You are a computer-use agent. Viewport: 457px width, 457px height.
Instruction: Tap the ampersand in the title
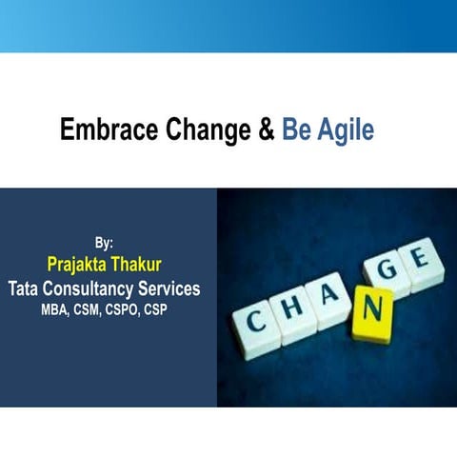tap(266, 130)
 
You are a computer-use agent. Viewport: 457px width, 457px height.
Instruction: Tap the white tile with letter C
tap(256, 323)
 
